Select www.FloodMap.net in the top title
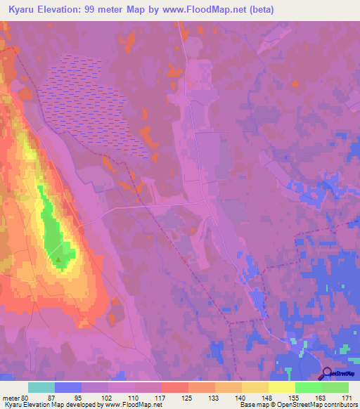pos(202,9)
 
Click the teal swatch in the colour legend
pos(41,387)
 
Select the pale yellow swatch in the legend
pos(281,387)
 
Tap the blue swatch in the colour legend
pos(68,387)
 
